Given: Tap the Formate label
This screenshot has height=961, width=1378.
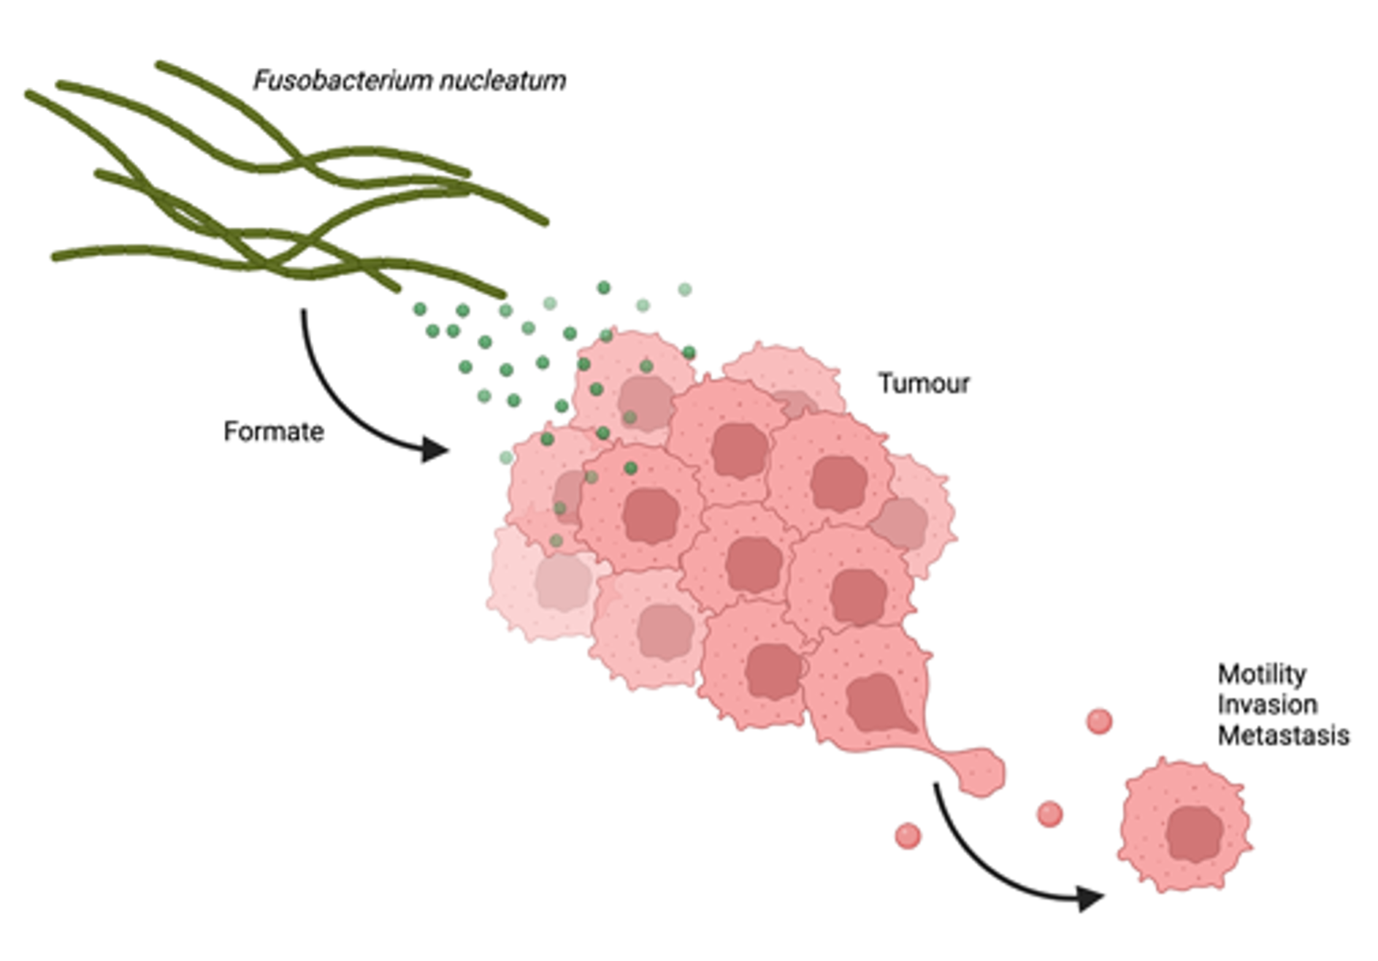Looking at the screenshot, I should pos(273,432).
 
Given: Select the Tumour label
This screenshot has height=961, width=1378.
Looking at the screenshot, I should pos(924,383).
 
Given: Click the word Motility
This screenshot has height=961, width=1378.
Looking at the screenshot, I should pos(1262,674).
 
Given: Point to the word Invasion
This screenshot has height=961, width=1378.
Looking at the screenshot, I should pos(1267,705).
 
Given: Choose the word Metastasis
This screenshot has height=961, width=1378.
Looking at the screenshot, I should pos(1283,735).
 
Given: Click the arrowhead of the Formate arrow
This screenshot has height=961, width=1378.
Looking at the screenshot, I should pos(436,449).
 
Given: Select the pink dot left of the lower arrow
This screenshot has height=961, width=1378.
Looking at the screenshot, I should pos(908,835).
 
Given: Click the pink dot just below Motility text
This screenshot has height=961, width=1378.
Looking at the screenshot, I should pos(1099,721).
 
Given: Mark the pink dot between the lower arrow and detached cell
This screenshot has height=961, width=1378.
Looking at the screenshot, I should pos(1049,813).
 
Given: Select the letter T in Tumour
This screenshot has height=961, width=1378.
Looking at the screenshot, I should pos(885,383).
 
